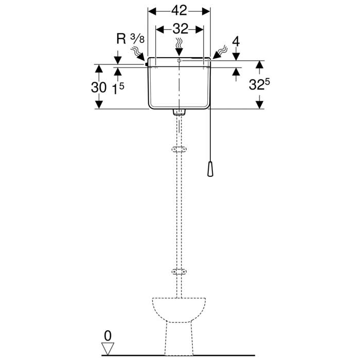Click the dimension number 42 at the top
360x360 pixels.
(x=179, y=11)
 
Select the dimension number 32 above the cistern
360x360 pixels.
(x=180, y=29)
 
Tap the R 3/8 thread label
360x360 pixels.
(x=131, y=39)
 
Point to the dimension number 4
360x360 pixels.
(x=236, y=42)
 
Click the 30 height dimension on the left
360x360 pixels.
(x=99, y=87)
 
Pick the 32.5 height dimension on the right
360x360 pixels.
(x=259, y=84)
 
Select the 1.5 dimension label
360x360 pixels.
(x=118, y=88)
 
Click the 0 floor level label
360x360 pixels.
(x=107, y=336)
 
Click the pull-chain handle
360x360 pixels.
(x=210, y=169)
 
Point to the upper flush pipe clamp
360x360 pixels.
(x=179, y=150)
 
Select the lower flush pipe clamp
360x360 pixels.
(x=179, y=272)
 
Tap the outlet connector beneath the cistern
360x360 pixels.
(x=179, y=112)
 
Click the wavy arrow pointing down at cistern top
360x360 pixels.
(x=179, y=47)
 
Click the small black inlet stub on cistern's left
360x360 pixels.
(x=146, y=64)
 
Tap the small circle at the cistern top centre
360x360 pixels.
(x=179, y=61)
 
